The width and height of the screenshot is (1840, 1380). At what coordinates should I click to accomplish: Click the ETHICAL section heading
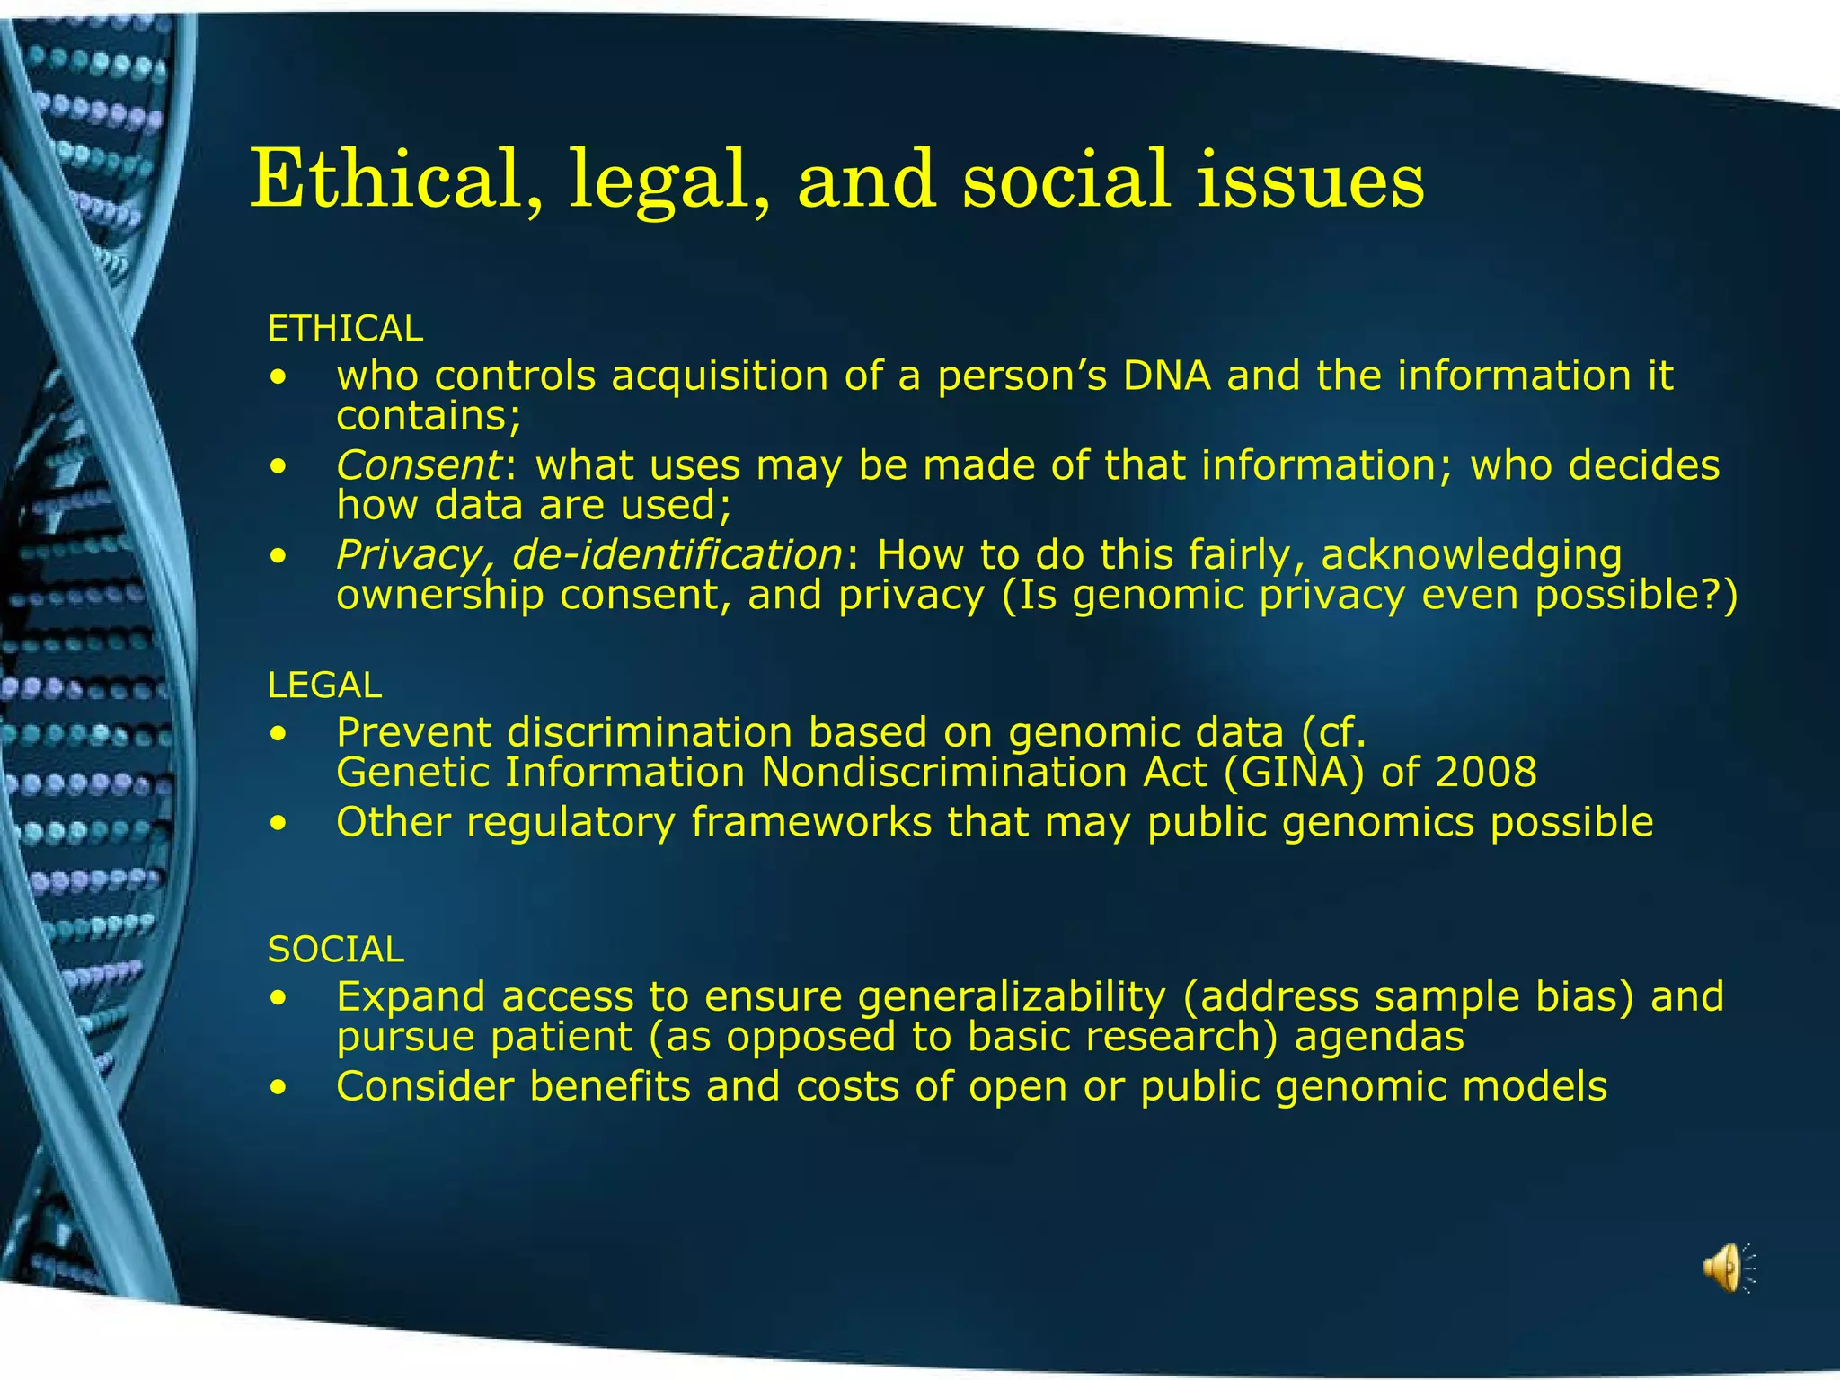pyautogui.click(x=345, y=329)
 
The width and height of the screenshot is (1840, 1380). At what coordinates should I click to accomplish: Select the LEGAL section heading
pyautogui.click(x=324, y=686)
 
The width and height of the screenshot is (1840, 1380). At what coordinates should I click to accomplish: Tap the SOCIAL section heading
pyautogui.click(x=336, y=950)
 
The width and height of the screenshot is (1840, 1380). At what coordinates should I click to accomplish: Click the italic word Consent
pyautogui.click(x=419, y=465)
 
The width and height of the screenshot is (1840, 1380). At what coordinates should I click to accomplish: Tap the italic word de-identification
pyautogui.click(x=676, y=554)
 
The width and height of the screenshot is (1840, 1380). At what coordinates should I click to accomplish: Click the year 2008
pyautogui.click(x=1486, y=772)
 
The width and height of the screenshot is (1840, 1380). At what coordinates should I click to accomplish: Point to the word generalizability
pyautogui.click(x=1012, y=996)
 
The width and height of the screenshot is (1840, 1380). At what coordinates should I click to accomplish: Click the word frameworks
pyautogui.click(x=811, y=822)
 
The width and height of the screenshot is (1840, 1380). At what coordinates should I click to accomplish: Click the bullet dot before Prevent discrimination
pyautogui.click(x=280, y=734)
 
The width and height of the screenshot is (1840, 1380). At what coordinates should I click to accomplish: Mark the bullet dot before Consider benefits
pyautogui.click(x=280, y=1088)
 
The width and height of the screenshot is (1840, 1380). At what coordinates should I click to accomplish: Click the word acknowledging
pyautogui.click(x=1471, y=555)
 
